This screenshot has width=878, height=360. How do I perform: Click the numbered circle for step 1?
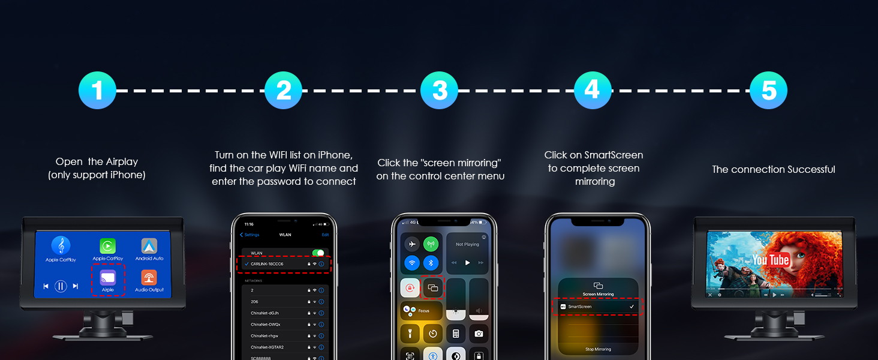point(97,91)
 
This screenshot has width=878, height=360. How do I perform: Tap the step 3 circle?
point(440,91)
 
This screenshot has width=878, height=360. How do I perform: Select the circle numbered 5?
point(768,91)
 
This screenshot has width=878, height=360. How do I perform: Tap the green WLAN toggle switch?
point(318,253)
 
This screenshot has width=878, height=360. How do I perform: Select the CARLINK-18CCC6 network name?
point(267,264)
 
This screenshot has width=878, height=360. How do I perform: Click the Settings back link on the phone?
point(249,235)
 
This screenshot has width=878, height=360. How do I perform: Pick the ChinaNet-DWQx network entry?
point(264,325)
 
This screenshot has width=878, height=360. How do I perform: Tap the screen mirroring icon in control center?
point(433,288)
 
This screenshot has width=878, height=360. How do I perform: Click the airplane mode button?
point(411,244)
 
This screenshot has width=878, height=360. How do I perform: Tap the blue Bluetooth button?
point(431,263)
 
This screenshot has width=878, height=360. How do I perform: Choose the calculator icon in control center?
point(456,334)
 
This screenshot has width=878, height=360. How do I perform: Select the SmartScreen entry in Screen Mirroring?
point(580,307)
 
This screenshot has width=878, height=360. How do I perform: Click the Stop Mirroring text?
point(598,349)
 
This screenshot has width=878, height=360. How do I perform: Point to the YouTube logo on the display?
point(771,260)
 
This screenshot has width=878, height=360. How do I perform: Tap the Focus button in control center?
point(421,311)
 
